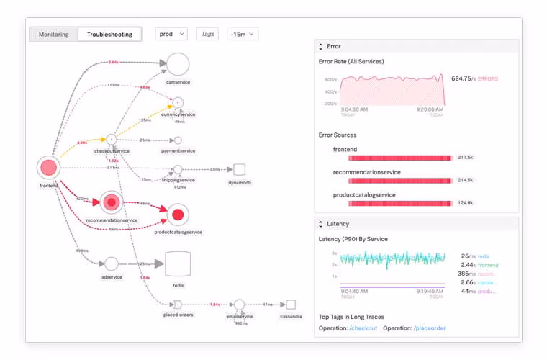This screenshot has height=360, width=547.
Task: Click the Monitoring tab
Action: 54,34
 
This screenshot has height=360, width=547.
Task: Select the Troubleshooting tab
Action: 109,34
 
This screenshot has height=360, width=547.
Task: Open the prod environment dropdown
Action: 171,34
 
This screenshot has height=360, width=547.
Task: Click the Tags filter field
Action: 207,34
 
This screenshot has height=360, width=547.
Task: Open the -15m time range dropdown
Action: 243,34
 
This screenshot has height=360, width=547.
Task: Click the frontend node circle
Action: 48,168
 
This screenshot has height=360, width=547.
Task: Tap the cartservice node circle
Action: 177,64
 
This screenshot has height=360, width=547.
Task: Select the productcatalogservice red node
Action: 178,213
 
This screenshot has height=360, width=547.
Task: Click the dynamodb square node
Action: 240,170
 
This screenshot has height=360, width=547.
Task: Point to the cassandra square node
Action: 290,305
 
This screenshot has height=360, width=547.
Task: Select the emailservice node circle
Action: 239,305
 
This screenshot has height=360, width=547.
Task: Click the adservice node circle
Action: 111,265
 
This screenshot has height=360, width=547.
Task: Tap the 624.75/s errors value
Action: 474,78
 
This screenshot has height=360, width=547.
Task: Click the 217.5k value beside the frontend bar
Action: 466,157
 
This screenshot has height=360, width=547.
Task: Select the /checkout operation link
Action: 364,328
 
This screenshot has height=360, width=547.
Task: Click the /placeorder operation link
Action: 430,328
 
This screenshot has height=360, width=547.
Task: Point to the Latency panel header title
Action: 338,224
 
